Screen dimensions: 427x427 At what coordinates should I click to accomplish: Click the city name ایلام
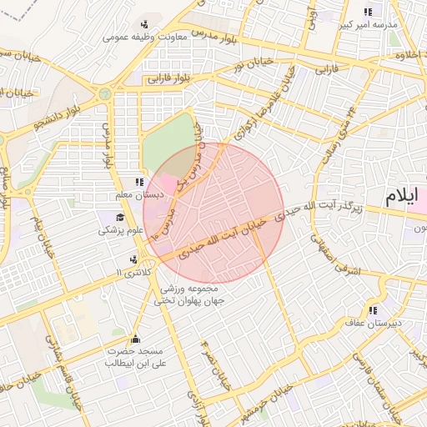[405, 198]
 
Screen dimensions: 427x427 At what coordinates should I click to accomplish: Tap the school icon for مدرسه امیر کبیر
[368, 11]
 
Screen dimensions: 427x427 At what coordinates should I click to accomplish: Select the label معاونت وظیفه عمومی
[138, 37]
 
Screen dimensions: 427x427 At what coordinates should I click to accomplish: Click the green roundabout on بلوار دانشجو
[105, 94]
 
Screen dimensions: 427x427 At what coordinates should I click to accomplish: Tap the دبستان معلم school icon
[138, 183]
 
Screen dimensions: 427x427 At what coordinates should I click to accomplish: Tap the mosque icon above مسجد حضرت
[135, 339]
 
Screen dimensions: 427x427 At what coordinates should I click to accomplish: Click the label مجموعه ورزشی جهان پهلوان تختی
[178, 294]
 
